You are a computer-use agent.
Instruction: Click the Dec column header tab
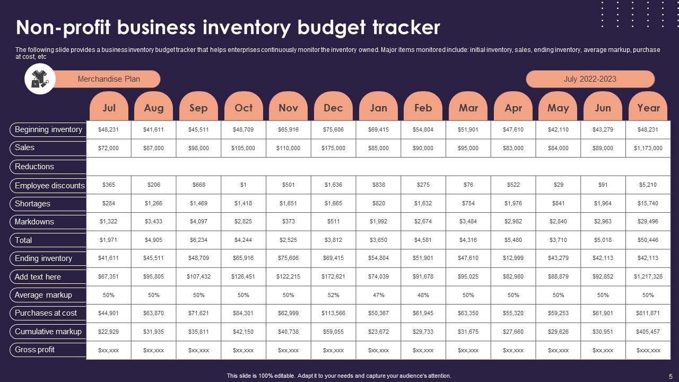coord(333,108)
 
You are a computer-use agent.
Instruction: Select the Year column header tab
coord(648,108)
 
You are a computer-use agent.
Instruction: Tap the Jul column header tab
coord(109,108)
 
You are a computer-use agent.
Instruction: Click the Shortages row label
coord(33,204)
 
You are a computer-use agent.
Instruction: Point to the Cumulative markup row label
coord(48,332)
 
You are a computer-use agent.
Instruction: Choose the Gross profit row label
coord(35,350)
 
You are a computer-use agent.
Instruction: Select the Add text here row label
coord(38,277)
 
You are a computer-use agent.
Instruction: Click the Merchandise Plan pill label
coord(109,79)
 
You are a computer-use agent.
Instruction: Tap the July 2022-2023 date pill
coord(590,79)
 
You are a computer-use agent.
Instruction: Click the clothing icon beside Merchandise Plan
coord(40,79)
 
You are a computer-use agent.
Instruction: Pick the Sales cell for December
coord(333,149)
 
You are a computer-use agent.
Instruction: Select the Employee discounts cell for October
coord(243,185)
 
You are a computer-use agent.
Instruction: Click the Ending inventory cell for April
coord(513,258)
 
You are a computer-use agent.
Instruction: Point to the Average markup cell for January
coord(378,295)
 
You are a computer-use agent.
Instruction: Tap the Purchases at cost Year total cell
coord(648,313)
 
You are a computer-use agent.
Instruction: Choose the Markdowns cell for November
coord(288,222)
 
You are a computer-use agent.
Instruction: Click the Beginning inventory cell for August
coord(153,129)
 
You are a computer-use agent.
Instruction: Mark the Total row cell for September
coord(198,240)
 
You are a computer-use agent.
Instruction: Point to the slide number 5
coord(671,376)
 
